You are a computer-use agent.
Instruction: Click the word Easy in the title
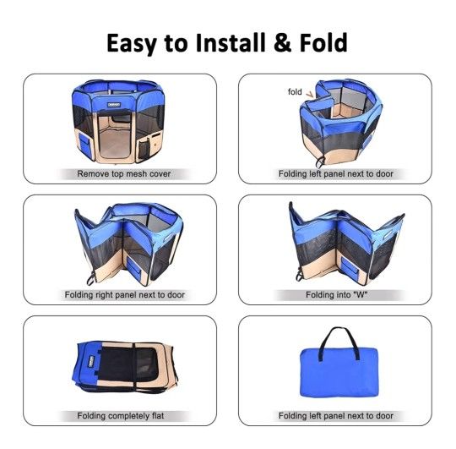click(132, 44)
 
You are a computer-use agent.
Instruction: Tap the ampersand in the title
click(282, 42)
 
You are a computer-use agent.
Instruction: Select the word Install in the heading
click(231, 42)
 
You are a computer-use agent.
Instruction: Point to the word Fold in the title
click(323, 42)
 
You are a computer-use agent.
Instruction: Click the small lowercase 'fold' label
click(295, 92)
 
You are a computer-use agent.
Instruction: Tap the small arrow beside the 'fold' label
click(310, 94)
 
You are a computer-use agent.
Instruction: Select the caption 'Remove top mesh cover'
click(124, 174)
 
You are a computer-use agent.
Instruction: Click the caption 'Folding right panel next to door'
click(124, 295)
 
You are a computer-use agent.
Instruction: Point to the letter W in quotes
click(360, 294)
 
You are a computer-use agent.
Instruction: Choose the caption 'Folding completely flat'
click(121, 416)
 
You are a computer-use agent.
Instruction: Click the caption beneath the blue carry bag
click(335, 416)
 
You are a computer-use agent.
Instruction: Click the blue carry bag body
click(339, 373)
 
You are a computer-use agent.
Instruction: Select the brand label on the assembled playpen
click(113, 104)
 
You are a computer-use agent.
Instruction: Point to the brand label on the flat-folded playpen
click(93, 360)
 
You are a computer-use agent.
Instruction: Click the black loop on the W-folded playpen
click(299, 274)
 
